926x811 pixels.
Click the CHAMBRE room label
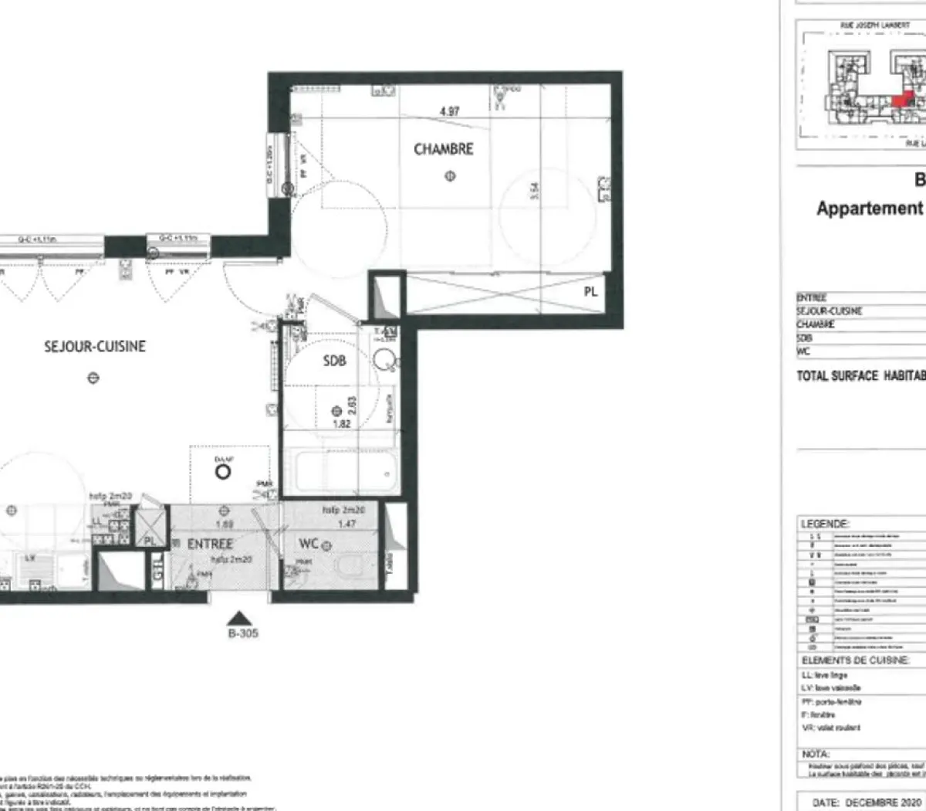click(x=443, y=149)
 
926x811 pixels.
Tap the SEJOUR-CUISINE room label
click(x=95, y=346)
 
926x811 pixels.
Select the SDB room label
click(x=334, y=361)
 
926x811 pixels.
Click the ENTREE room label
click(x=210, y=544)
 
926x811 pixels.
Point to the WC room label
click(x=309, y=544)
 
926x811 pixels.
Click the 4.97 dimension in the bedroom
click(x=449, y=111)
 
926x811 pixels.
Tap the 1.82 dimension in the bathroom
click(x=341, y=424)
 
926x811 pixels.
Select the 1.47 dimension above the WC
click(x=346, y=524)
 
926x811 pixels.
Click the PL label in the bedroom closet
click(x=590, y=292)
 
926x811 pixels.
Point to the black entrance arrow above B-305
click(x=241, y=618)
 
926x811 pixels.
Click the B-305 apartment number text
click(x=242, y=633)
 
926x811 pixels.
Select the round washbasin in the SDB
click(x=384, y=359)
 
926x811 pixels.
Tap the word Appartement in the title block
click(x=869, y=209)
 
